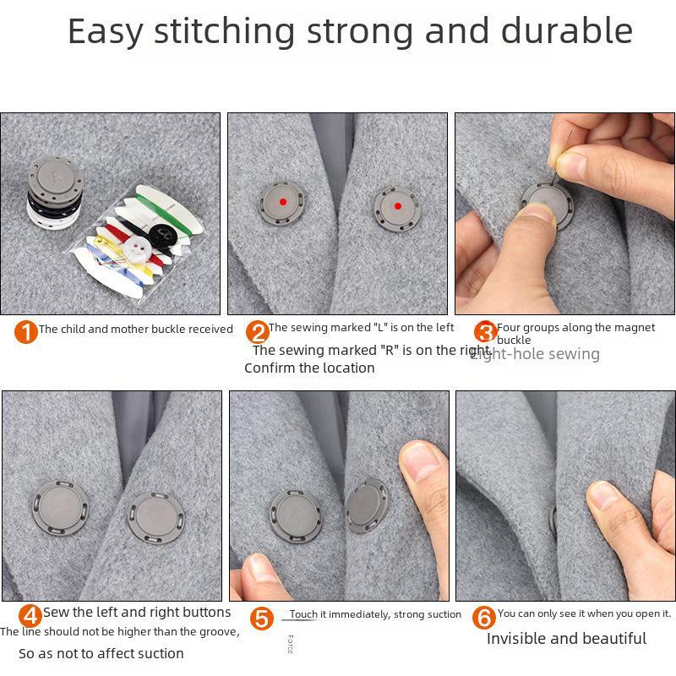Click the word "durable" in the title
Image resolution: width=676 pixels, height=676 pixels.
pos(567,31)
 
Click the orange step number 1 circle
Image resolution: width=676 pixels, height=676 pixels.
pos(26,332)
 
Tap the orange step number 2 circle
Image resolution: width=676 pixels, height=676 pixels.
pos(257,332)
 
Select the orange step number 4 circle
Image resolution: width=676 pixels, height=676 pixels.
pos(30,616)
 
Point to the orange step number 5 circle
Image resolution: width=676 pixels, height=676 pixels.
pos(262,619)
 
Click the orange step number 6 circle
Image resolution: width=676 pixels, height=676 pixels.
pos(483,617)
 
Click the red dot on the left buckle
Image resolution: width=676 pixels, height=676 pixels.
pos(282,201)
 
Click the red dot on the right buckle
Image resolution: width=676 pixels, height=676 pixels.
pos(397,206)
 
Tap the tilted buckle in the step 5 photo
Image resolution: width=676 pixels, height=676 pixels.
pos(367,504)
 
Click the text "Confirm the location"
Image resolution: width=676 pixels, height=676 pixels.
pos(309,368)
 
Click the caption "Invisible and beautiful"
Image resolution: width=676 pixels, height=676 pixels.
pos(566,639)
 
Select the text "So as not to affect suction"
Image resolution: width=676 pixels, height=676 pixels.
pos(101,653)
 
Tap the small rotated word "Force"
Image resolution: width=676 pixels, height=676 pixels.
pos(290,644)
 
